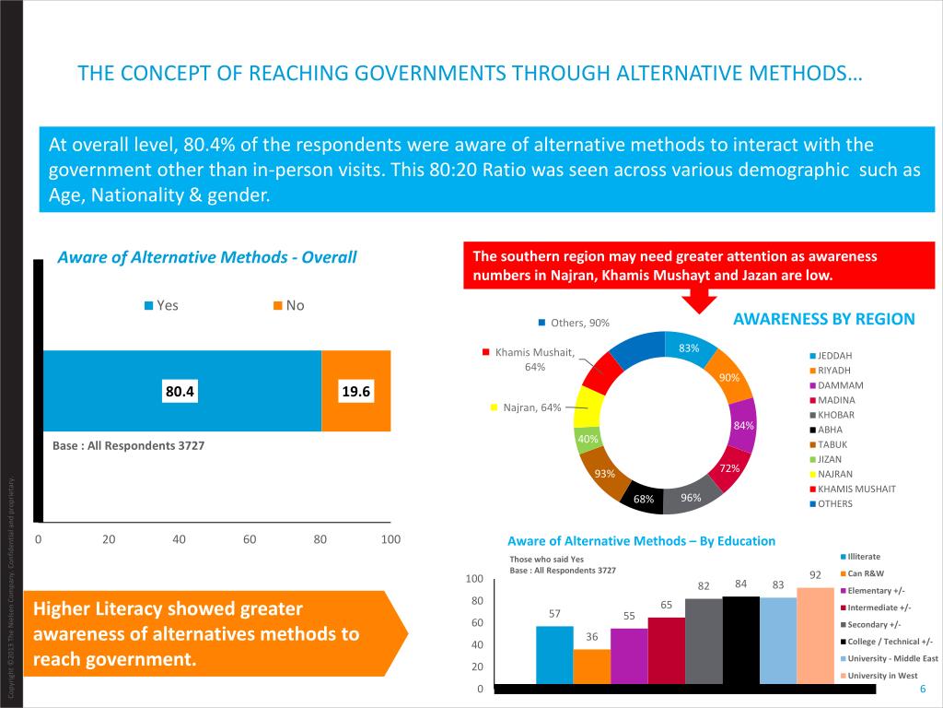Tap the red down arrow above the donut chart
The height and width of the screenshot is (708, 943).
(699, 300)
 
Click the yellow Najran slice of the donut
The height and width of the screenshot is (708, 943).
(589, 407)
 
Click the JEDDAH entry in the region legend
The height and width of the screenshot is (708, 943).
(834, 355)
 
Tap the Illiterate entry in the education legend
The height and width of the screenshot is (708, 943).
(863, 556)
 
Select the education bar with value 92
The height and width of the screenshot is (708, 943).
(815, 636)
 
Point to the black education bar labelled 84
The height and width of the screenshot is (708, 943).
(741, 641)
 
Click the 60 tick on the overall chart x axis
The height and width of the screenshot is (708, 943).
(250, 539)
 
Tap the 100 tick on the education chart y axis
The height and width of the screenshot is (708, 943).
(473, 579)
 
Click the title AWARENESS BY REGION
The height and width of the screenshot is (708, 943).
(823, 319)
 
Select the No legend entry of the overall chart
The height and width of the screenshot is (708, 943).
(294, 305)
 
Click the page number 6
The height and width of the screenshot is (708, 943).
(922, 691)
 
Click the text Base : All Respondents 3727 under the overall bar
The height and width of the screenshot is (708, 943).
(128, 445)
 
